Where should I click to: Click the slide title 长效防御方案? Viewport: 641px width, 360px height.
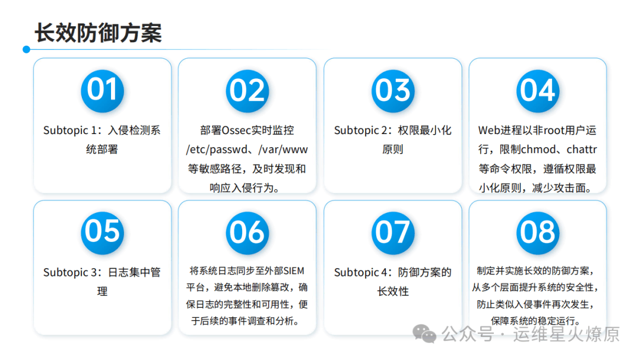tap(98, 33)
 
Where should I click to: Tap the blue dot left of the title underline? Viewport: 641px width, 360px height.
tap(27, 49)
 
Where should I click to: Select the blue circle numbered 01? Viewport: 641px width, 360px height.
tap(102, 91)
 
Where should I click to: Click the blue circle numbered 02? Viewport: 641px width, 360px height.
tap(247, 91)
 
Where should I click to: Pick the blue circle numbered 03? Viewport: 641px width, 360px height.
tap(393, 91)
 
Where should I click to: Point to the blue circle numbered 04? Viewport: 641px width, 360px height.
tap(538, 91)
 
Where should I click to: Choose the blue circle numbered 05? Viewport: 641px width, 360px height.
tap(102, 233)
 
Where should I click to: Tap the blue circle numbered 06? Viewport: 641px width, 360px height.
tap(247, 233)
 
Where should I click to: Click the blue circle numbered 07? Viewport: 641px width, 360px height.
tap(393, 233)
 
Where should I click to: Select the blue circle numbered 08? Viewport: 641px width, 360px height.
tap(538, 233)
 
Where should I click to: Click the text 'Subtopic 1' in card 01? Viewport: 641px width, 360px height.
tap(70, 130)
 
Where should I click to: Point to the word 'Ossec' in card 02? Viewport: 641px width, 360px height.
tap(236, 130)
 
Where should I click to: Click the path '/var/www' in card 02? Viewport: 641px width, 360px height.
tap(283, 149)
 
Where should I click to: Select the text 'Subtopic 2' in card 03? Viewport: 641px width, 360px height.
tap(361, 130)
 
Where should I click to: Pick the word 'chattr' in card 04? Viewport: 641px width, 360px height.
tap(582, 149)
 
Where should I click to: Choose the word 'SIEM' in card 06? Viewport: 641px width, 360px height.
tap(294, 271)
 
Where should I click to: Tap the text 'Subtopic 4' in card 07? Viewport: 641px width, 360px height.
tap(361, 273)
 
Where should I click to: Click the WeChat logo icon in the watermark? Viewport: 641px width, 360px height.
tap(424, 334)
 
